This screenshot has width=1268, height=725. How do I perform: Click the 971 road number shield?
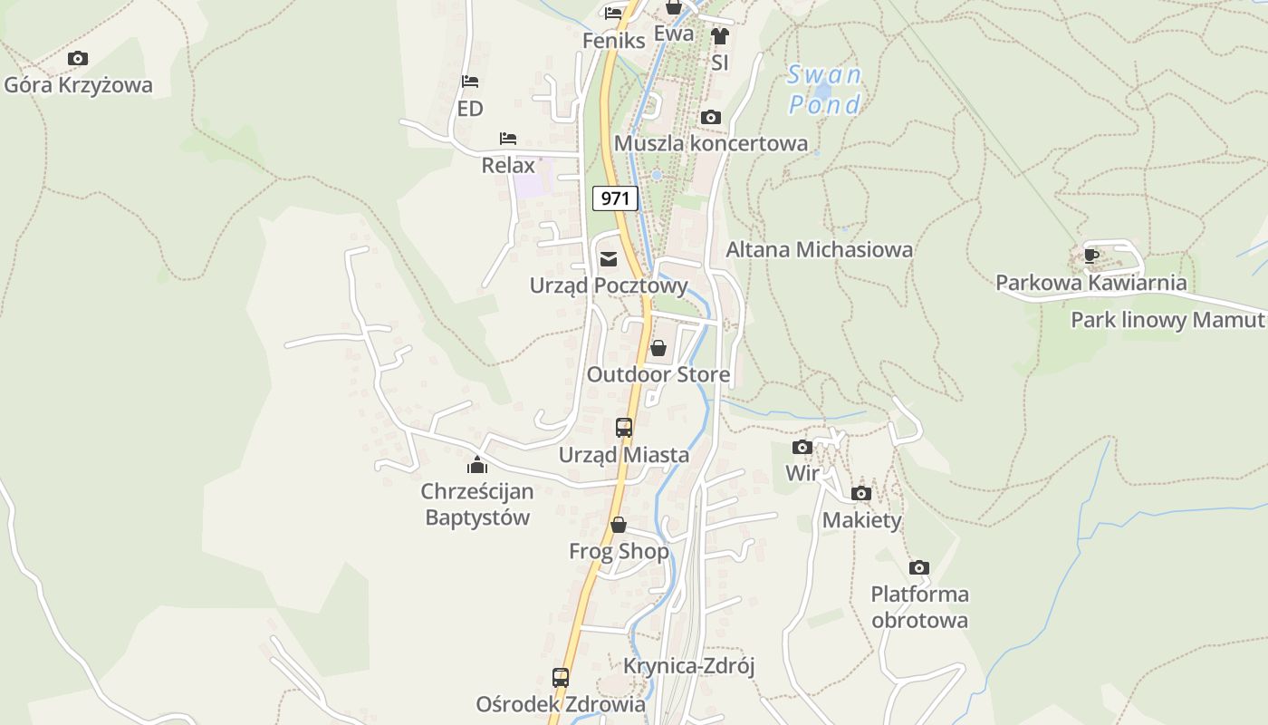(615, 198)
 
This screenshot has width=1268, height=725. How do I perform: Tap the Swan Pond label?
(824, 90)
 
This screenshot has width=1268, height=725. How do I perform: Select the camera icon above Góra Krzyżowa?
(78, 59)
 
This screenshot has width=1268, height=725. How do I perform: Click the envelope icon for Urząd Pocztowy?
(609, 260)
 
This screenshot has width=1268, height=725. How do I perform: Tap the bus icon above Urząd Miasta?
(624, 428)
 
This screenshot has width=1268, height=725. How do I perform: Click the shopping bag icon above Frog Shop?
(619, 525)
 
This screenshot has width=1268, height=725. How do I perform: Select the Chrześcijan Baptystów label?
(477, 505)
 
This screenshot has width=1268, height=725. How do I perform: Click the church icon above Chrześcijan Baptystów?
(477, 466)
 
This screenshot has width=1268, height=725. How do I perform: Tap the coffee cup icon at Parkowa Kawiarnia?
(1091, 256)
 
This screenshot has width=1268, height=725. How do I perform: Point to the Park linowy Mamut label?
(1167, 320)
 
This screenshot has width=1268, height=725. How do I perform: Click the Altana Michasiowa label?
(819, 249)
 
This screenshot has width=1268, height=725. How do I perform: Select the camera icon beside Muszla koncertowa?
(710, 118)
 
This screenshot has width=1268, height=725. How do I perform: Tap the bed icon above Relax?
(508, 139)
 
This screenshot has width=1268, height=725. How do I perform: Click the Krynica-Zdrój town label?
(688, 666)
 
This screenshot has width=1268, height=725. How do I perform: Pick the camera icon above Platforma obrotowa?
(919, 568)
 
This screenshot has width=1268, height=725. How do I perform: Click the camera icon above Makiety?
(861, 494)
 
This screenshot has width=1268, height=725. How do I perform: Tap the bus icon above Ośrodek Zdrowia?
(561, 678)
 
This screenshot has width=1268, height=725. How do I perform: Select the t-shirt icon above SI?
(720, 36)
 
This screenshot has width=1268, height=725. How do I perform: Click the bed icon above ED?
(470, 82)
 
